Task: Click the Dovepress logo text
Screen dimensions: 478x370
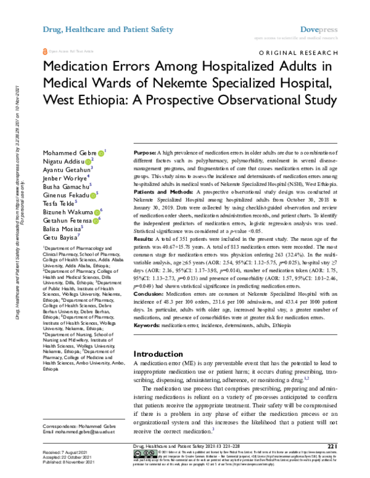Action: (321, 28)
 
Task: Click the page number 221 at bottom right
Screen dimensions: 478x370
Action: (333, 447)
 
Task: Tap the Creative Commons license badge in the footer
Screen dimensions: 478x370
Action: (139, 453)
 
